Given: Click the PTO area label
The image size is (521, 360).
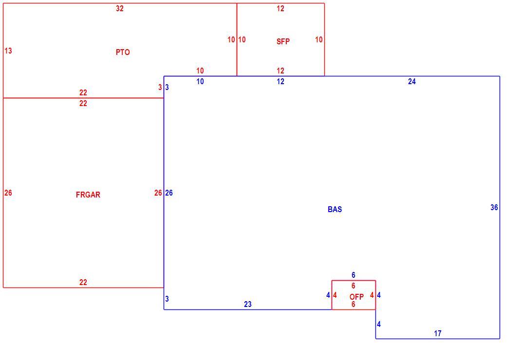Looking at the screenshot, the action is pos(123,52).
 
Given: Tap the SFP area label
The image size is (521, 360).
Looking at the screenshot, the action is pos(283,41).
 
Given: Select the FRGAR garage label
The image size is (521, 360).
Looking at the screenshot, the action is pos(88,195).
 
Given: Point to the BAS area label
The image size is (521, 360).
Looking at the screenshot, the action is pos(335,209).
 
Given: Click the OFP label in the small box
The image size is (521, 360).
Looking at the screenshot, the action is pos(356,297).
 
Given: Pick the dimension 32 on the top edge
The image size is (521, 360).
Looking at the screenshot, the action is pos(120,9).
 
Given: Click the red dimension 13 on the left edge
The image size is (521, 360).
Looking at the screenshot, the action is pos(8,51).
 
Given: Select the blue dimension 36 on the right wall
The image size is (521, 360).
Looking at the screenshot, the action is pos(494,208).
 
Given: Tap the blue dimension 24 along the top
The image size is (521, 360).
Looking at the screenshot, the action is pos(411,82).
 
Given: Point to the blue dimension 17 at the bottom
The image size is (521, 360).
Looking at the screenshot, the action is pos(438,333).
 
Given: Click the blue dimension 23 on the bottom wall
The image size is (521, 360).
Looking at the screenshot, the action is pos(248,304).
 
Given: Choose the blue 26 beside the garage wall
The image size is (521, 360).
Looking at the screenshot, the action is pos(169,193).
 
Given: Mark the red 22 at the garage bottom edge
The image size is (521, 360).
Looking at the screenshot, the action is pos(83,282).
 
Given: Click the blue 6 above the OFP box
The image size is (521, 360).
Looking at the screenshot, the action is pos(354,275).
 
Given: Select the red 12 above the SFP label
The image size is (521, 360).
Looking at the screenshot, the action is pos(280,9).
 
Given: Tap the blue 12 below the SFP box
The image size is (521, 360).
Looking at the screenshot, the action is pos(280,82).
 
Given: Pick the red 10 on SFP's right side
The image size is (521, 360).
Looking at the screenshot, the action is pos(319,40).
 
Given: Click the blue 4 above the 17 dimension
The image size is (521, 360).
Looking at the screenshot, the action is pos(379,324).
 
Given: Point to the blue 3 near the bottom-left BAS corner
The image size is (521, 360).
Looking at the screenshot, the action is pos(167,299).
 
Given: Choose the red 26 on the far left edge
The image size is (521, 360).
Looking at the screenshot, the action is pos(8,193).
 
